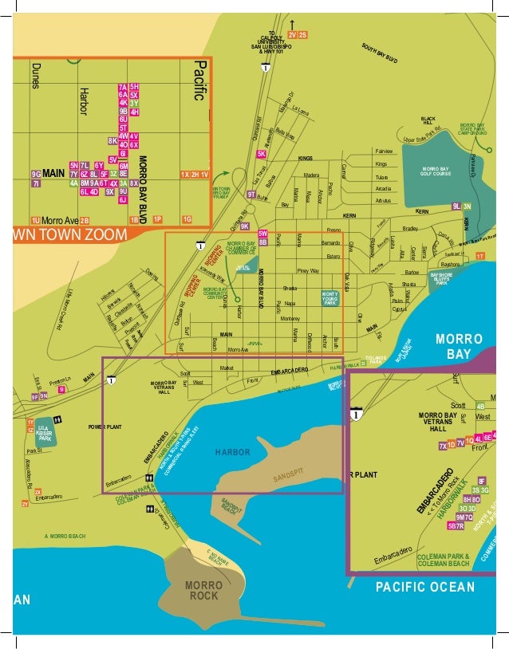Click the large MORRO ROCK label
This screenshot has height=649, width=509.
[203, 591]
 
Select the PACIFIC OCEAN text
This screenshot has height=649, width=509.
[425, 588]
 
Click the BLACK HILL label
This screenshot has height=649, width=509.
[428, 121]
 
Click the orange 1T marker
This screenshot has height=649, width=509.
[479, 256]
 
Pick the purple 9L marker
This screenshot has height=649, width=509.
[456, 206]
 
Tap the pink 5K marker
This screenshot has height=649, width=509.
[261, 154]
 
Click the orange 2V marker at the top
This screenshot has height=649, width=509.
[293, 35]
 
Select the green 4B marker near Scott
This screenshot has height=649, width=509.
[480, 406]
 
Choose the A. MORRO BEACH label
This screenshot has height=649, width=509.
[65, 536]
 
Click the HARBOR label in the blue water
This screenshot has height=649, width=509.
[233, 452]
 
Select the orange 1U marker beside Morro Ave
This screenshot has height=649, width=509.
[35, 220]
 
